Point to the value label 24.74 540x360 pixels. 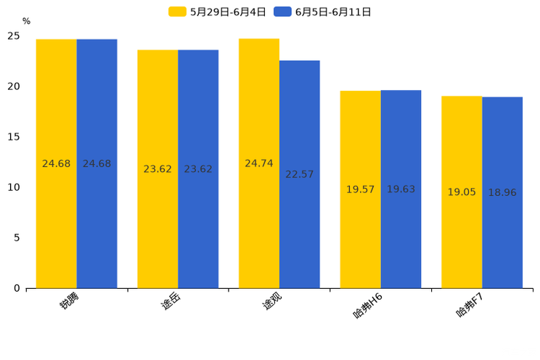(x=259, y=163)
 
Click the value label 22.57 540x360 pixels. (x=299, y=174)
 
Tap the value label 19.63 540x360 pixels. (x=401, y=189)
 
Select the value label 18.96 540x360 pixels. (x=502, y=192)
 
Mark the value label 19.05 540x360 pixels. (x=462, y=192)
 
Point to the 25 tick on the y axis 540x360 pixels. (x=14, y=36)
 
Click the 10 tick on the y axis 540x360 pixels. (x=14, y=187)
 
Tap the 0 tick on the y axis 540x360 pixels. (x=17, y=288)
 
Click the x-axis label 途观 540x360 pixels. (x=272, y=300)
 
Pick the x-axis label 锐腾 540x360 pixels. (x=70, y=300)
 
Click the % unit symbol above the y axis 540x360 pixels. (x=26, y=22)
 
